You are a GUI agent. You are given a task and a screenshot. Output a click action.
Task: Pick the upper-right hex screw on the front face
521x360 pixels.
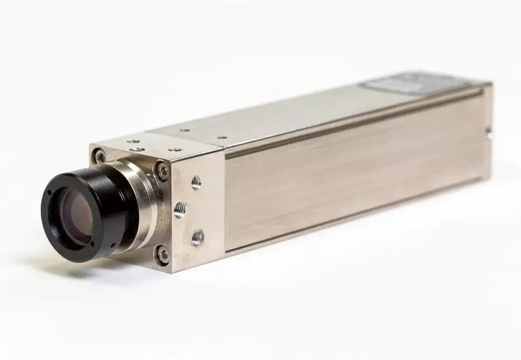[x=162, y=170]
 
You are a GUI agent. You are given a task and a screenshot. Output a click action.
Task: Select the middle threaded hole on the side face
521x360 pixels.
[x=180, y=210]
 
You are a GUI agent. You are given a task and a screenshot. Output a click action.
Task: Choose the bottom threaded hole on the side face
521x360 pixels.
[x=197, y=237]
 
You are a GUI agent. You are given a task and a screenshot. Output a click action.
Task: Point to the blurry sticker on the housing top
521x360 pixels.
[x=404, y=82]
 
